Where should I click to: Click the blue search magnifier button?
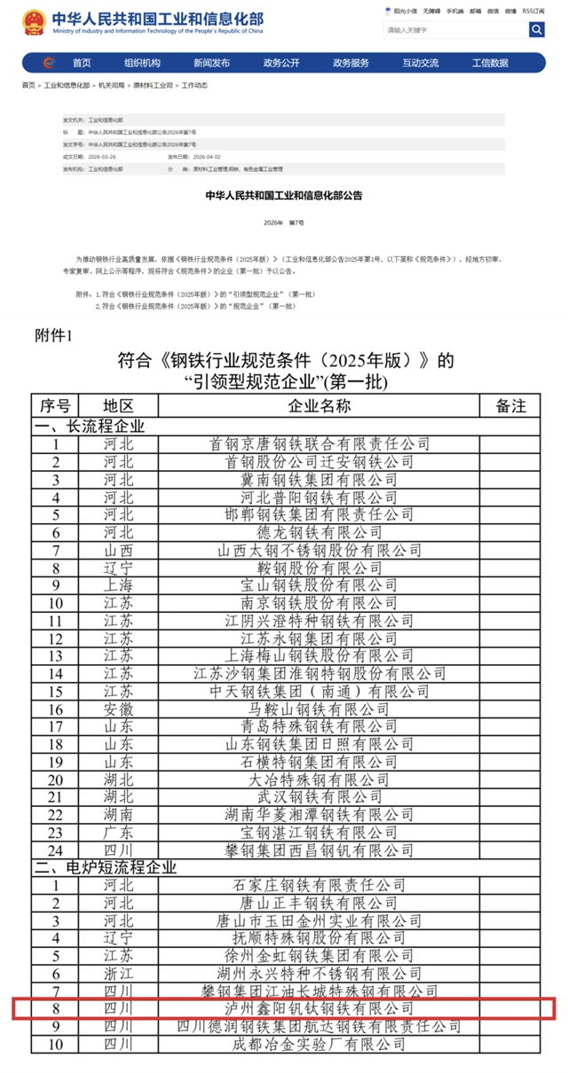pyautogui.click(x=537, y=30)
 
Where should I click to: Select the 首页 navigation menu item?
pyautogui.click(x=82, y=63)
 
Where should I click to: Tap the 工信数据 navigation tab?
pyautogui.click(x=490, y=63)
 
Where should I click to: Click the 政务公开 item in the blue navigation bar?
pyautogui.click(x=281, y=63)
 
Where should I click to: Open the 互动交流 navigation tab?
pyautogui.click(x=420, y=63)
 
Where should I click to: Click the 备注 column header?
pyautogui.click(x=510, y=406)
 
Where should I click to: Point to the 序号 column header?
pyautogui.click(x=55, y=406)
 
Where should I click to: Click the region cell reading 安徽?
pyautogui.click(x=118, y=709)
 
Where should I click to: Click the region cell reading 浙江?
pyautogui.click(x=118, y=973)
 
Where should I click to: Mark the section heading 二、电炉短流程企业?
pyautogui.click(x=106, y=866)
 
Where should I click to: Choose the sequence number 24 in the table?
pyautogui.click(x=55, y=850)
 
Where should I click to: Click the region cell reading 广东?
pyautogui.click(x=118, y=832)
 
